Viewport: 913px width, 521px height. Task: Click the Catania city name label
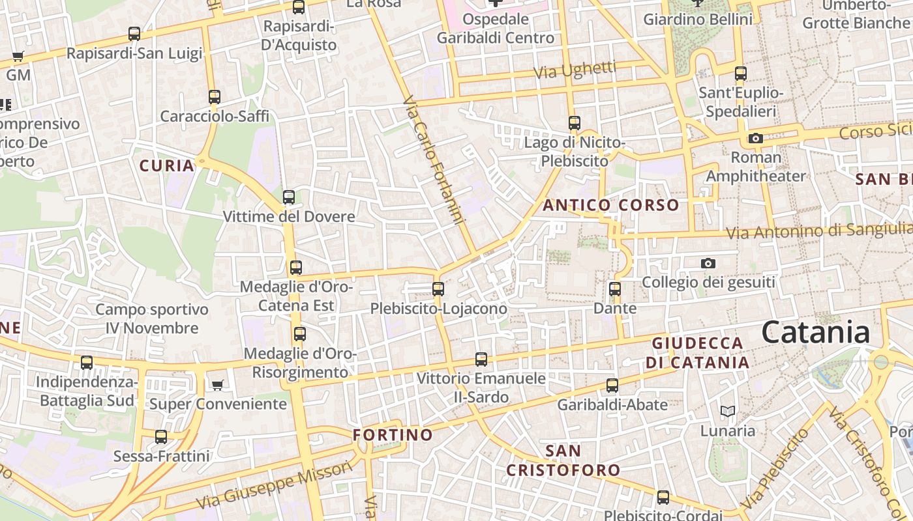pos(815,332)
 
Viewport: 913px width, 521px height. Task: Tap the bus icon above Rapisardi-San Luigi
pos(134,34)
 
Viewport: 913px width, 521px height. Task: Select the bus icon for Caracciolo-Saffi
pos(215,97)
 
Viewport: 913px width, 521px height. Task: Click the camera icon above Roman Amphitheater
pos(756,138)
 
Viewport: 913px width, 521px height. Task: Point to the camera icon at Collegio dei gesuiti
pos(708,263)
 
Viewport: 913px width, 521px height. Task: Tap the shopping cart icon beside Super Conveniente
pos(217,385)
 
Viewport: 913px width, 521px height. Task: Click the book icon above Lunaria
pos(728,411)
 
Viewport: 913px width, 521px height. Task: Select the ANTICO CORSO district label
pos(611,205)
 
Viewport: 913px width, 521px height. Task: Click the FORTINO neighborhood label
pos(393,434)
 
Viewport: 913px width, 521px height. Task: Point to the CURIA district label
pos(167,165)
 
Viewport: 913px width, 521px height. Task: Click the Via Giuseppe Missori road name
pos(274,486)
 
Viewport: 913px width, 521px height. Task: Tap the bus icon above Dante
pos(615,289)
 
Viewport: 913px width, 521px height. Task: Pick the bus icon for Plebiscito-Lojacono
pos(438,289)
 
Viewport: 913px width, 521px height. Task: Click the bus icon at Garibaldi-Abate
pos(612,385)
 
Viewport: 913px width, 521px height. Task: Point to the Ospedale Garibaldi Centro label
pos(495,29)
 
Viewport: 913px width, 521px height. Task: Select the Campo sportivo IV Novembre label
pos(152,318)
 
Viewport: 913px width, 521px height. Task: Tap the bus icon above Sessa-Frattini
pos(161,437)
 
